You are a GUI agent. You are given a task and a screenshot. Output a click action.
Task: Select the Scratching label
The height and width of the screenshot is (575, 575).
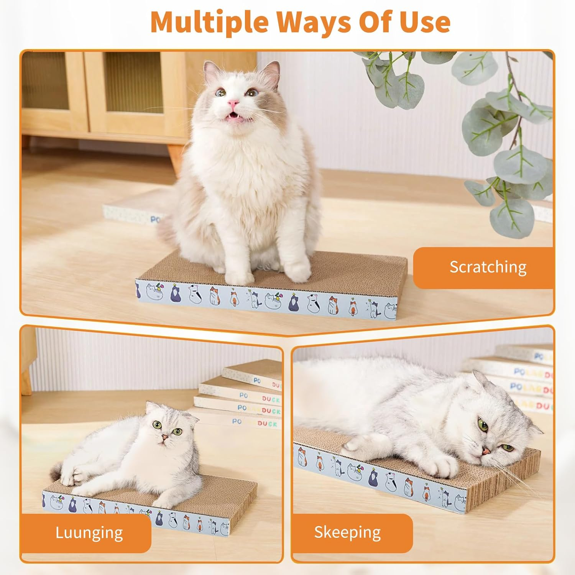[488, 267]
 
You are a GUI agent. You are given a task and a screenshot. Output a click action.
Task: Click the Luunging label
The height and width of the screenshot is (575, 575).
[89, 532]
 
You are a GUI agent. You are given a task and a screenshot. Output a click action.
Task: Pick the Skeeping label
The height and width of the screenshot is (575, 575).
[347, 532]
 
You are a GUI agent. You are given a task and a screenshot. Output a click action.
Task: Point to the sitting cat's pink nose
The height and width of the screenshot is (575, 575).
[233, 103]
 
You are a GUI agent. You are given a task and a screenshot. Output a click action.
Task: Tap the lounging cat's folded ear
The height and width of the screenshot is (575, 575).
[192, 416]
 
